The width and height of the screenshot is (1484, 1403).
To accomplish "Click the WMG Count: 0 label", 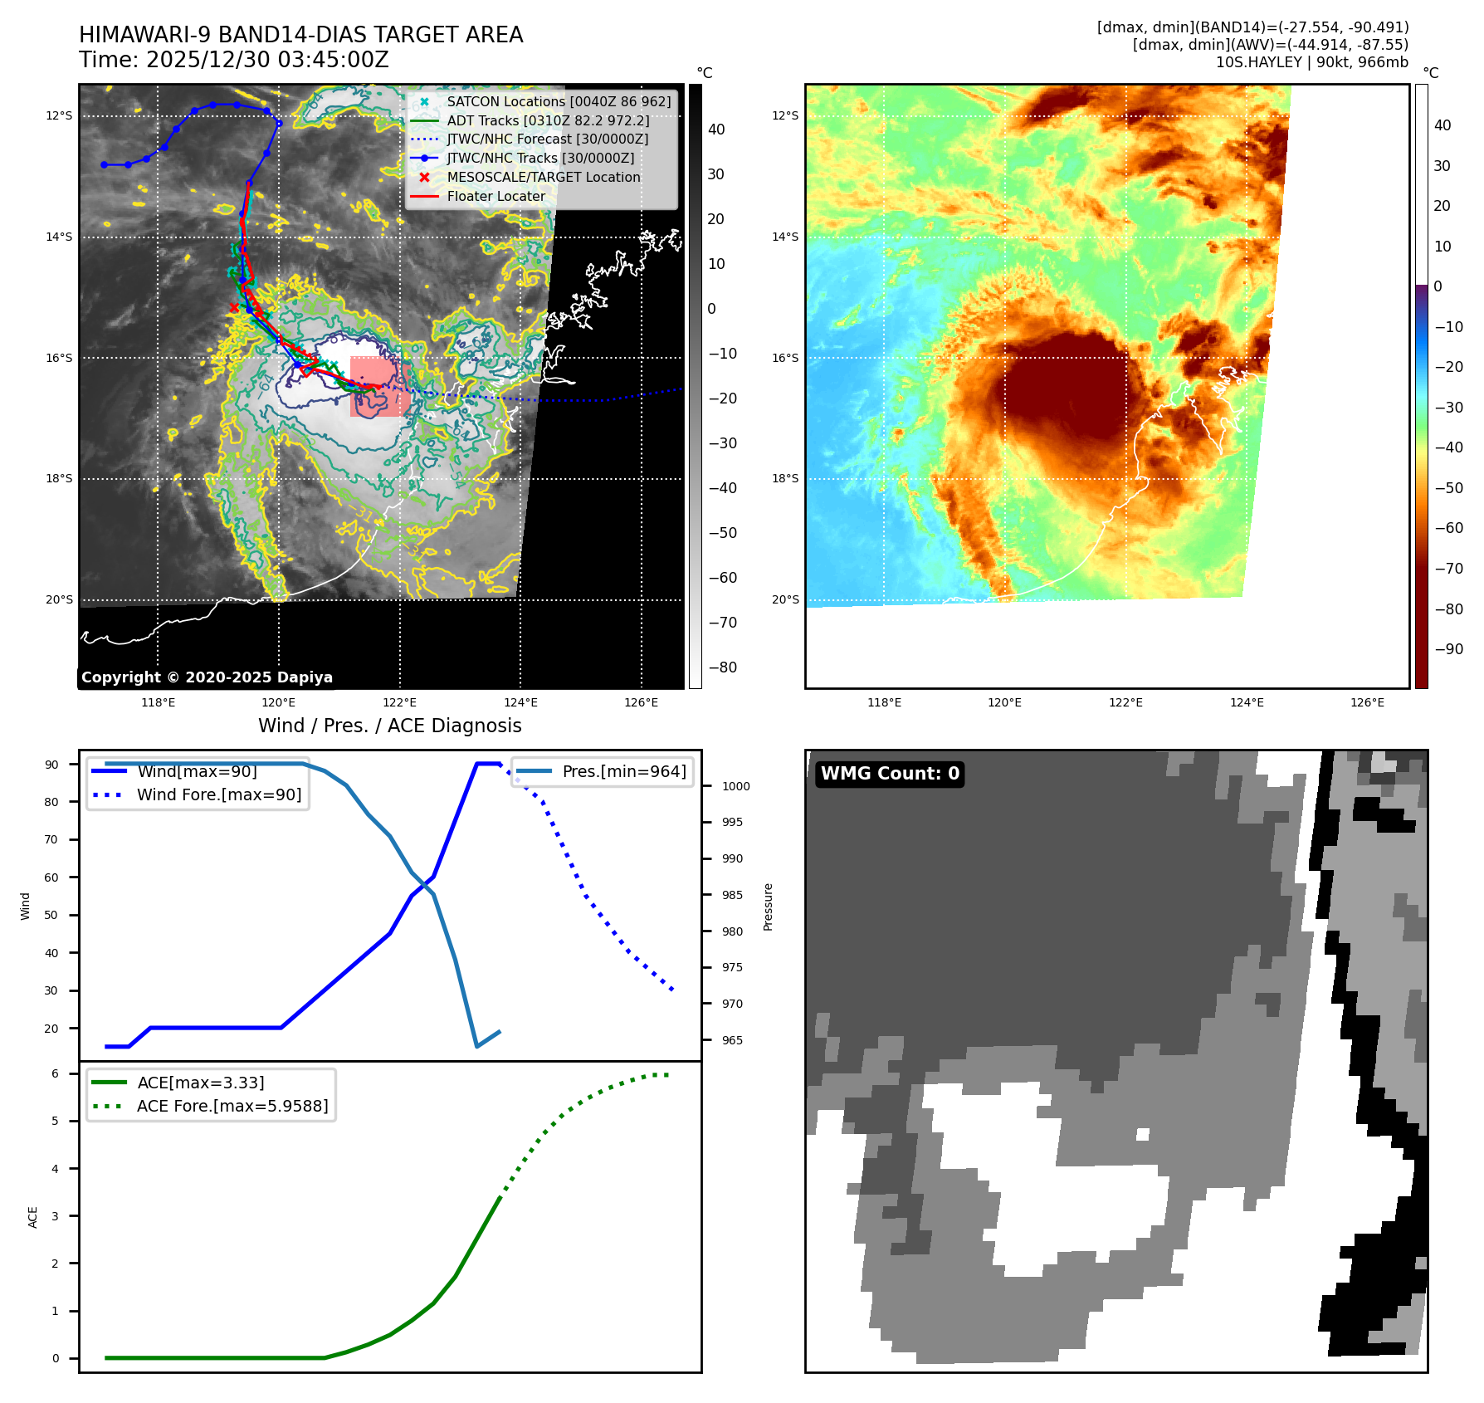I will pos(890,774).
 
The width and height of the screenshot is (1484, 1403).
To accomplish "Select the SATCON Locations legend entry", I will pos(558,101).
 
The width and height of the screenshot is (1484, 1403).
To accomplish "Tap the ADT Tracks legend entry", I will pos(548,120).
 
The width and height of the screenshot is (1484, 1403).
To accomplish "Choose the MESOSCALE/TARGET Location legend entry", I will pos(543,177).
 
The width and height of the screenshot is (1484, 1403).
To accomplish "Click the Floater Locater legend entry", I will pos(495,196).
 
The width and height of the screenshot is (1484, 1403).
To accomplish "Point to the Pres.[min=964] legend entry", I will pos(623,771).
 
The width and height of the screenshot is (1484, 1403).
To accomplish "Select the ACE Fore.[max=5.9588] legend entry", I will pos(232,1106).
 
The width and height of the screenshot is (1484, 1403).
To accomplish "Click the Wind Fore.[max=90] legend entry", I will pos(218,794).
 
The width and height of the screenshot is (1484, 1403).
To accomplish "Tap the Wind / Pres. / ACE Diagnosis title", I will pos(389,726).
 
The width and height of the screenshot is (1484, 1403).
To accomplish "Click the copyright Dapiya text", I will pos(207,677).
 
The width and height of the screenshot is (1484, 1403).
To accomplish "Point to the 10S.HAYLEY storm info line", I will pos(1311,62).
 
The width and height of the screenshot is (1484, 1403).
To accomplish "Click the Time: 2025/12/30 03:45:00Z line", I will pos(233,60).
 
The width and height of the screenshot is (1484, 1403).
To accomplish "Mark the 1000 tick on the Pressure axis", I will pos(735,786).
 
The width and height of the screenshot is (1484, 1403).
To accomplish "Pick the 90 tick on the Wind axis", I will pos(52,765).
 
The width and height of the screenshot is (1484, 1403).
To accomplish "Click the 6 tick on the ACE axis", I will pos(56,1073).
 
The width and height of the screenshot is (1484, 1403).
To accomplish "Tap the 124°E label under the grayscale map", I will pos(520,702).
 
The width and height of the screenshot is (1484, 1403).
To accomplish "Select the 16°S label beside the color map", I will pos(784,358).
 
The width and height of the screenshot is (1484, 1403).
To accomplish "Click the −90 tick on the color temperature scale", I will pos(1448,649).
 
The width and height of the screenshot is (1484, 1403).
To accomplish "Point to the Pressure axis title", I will pos(768,907).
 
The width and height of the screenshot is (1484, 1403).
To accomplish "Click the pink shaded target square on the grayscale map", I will pos(378,387).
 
